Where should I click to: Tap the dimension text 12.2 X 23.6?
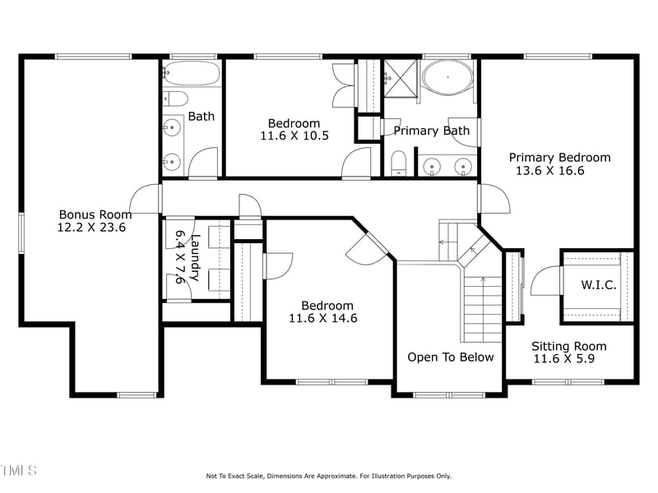[91, 227]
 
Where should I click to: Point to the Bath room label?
[201, 116]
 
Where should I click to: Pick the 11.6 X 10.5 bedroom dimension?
[294, 136]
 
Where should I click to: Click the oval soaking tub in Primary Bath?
[448, 81]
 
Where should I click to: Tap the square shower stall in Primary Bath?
[401, 79]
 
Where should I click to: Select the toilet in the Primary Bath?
[398, 163]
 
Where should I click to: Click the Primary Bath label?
[431, 130]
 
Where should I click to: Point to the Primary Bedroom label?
[559, 158]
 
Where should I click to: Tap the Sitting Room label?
[568, 346]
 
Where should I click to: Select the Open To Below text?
[451, 357]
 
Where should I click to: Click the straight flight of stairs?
[481, 308]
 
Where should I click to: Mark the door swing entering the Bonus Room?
[146, 199]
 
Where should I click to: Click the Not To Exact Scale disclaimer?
[328, 476]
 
